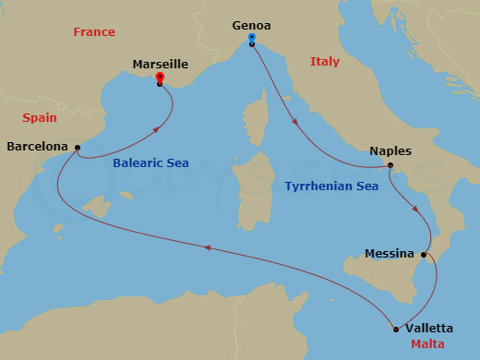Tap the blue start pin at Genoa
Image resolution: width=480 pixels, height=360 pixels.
click(x=252, y=39)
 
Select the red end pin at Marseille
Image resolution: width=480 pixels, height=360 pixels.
click(x=160, y=78)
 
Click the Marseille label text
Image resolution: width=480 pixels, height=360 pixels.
click(x=161, y=65)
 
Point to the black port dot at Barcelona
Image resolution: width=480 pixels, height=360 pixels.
click(x=78, y=147)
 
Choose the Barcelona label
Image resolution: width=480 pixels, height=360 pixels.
click(x=37, y=146)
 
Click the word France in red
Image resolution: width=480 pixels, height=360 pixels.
click(x=94, y=32)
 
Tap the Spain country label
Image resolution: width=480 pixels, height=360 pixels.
click(x=40, y=118)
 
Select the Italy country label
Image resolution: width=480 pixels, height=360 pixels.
click(x=325, y=62)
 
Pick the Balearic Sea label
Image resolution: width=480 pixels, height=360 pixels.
click(x=150, y=163)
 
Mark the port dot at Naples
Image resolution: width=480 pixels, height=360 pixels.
click(x=390, y=166)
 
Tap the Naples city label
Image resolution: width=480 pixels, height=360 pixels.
click(x=390, y=151)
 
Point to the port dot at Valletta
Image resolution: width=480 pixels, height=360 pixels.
click(x=396, y=329)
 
